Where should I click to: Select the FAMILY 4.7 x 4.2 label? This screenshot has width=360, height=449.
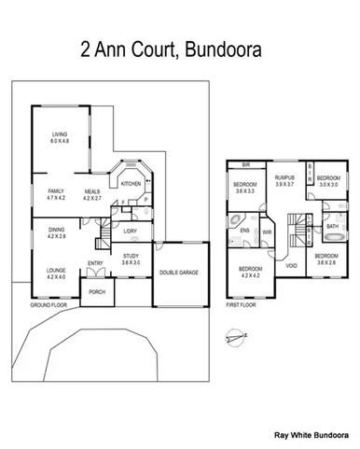pyautogui.click(x=55, y=194)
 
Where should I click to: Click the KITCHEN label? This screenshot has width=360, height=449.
pyautogui.click(x=130, y=184)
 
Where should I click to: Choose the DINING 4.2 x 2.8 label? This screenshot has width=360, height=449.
pyautogui.click(x=56, y=233)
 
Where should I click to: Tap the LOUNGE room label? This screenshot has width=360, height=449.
pyautogui.click(x=56, y=274)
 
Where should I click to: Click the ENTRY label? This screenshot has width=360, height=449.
pyautogui.click(x=96, y=263)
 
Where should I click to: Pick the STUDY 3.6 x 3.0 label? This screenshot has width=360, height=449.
pyautogui.click(x=131, y=260)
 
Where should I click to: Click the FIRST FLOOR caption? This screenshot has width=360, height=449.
pyautogui.click(x=242, y=305)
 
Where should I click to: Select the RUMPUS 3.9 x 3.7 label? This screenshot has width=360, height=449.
pyautogui.click(x=284, y=181)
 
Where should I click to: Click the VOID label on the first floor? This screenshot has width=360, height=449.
pyautogui.click(x=291, y=265)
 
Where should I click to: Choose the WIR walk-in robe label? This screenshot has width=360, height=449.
pyautogui.click(x=267, y=232)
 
